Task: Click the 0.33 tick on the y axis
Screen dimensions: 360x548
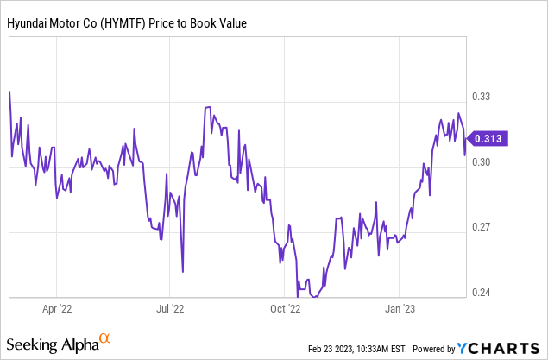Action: (490, 97)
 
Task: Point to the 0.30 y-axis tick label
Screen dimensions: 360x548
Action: (490, 162)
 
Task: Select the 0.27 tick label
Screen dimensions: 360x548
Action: (490, 227)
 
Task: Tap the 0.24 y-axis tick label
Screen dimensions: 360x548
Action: (490, 292)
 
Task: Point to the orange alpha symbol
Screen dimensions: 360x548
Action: (105, 339)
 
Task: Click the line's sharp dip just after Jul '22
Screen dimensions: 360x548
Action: (182, 270)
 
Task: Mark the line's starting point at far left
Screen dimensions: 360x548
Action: (9, 91)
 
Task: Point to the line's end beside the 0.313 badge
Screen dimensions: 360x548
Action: (466, 155)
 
